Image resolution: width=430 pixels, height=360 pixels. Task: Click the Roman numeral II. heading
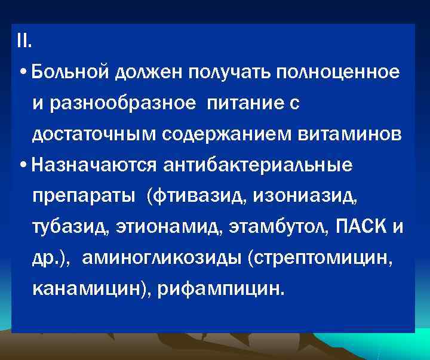tap(26, 42)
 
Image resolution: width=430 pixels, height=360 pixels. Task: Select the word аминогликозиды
tap(161, 259)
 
